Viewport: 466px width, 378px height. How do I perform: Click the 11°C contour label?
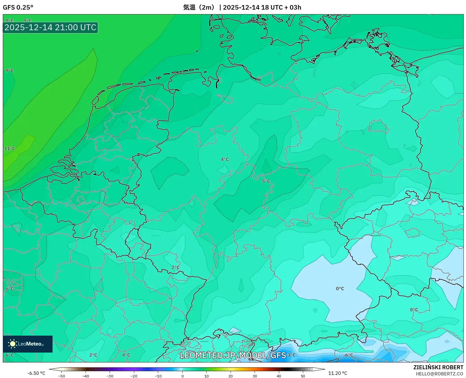point(10,148)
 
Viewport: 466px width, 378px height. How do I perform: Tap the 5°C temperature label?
point(266,181)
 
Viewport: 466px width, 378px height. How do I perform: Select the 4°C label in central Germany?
point(225,160)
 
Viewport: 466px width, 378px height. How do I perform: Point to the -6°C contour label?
point(348,355)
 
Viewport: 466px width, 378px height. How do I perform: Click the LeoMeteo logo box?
point(28,344)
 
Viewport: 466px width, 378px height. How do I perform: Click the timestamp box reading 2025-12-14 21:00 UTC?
point(50,27)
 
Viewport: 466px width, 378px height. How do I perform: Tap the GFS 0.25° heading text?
point(18,7)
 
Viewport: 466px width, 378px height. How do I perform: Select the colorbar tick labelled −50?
point(62,376)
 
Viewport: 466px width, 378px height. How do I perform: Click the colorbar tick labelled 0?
point(183,376)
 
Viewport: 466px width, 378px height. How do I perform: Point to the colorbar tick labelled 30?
point(255,376)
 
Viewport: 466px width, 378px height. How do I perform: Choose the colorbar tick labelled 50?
point(303,376)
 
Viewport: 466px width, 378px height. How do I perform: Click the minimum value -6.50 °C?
point(36,373)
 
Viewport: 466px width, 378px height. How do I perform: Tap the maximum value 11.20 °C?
point(338,373)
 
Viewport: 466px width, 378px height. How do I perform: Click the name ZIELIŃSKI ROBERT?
point(438,367)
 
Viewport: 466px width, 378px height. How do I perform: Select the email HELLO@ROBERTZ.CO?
point(439,374)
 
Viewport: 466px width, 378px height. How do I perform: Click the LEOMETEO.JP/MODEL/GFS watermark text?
point(233,355)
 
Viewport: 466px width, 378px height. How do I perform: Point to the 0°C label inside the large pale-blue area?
point(340,289)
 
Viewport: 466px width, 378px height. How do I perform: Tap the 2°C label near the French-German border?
point(175,268)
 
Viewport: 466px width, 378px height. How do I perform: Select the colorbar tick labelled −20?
point(134,376)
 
